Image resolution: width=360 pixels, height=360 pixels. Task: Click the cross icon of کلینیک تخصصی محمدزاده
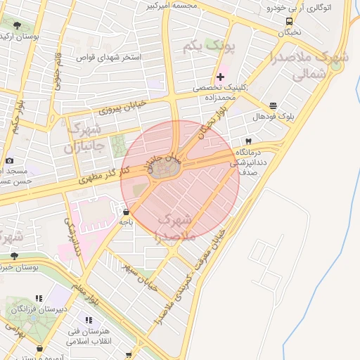coord(221,76)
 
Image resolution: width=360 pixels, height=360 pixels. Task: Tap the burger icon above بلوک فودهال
coord(273,105)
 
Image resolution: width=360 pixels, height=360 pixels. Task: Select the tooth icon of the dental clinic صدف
coord(249,141)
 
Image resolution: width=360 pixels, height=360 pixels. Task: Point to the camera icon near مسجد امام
coord(9,160)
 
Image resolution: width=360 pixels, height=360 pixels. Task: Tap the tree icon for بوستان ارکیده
coord(17,25)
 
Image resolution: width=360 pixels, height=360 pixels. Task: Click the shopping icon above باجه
coord(126,212)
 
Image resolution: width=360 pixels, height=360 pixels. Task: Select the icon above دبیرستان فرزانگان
coord(39,299)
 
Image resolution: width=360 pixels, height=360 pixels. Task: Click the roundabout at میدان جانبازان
coord(167,171)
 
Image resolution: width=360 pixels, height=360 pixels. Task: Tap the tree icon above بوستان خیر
coord(14,255)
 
